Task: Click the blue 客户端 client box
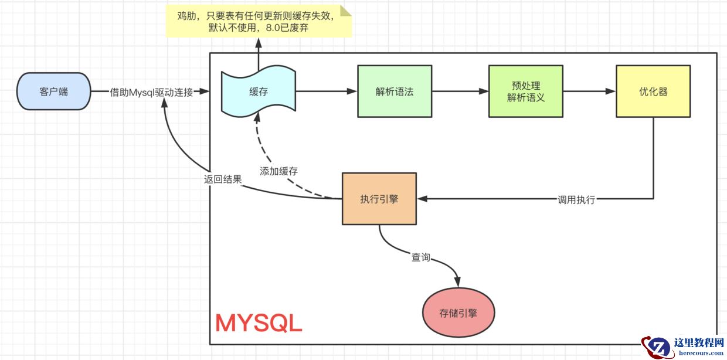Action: tap(54, 91)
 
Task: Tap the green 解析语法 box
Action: tap(395, 91)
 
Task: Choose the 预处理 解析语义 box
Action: tap(525, 92)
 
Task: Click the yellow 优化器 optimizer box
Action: tap(653, 91)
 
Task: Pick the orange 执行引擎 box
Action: tap(379, 199)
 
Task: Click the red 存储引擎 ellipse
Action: tap(458, 313)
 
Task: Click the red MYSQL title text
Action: tap(259, 322)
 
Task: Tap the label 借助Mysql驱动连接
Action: tap(151, 92)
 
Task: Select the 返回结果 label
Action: tap(223, 179)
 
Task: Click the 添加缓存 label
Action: tap(278, 171)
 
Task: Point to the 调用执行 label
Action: tap(576, 199)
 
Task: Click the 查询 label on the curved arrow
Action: tap(421, 257)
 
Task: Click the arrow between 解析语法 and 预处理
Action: tap(460, 91)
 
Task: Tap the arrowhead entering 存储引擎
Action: tap(457, 283)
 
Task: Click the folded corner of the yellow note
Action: tap(346, 10)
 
